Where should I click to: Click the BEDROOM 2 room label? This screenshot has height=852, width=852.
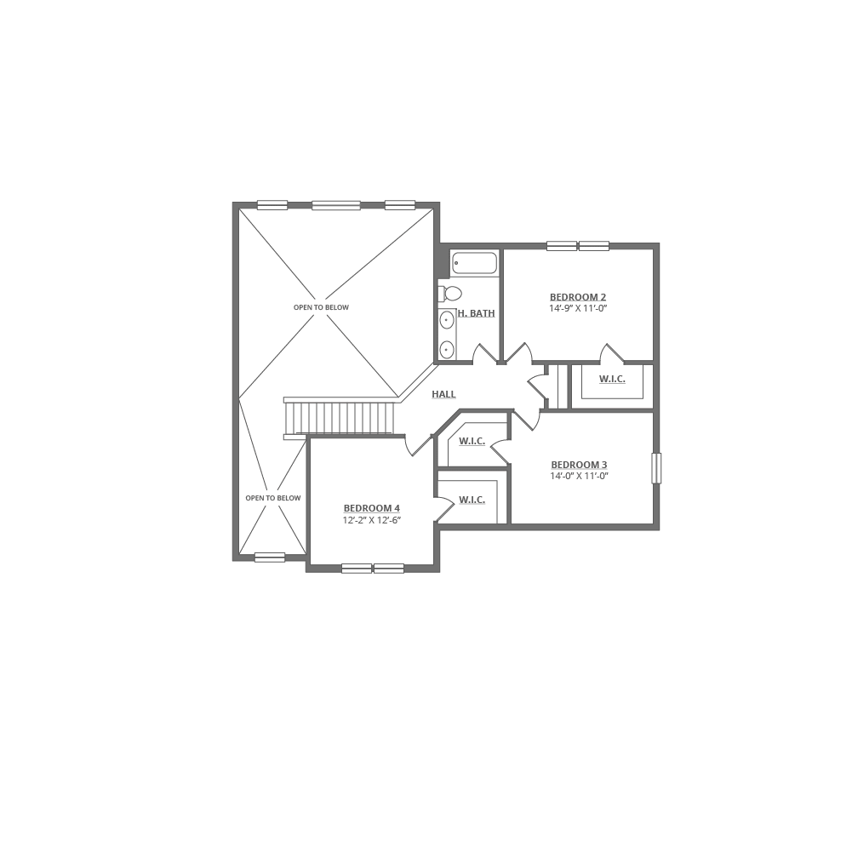coord(578,297)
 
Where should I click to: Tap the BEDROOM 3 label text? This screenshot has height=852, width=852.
coord(580,465)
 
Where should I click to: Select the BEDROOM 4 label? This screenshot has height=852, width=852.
coord(372,509)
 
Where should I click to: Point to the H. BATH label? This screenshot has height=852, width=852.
coord(477,314)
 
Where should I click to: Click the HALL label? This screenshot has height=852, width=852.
coord(443,395)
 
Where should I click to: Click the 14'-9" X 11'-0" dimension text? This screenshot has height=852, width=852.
coord(578,309)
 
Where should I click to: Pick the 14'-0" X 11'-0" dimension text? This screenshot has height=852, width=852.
coord(580,477)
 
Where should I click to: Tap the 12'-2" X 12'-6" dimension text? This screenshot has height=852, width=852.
coord(372,520)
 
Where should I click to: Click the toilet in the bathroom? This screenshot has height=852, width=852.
coord(449,294)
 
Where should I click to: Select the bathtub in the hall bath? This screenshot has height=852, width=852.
coord(474,264)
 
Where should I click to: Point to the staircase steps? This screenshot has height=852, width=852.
coord(340,418)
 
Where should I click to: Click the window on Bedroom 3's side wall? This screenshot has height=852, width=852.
coord(656,468)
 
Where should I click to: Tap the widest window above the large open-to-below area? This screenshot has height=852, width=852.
coord(336,205)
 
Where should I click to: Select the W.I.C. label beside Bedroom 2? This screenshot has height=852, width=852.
coord(612,380)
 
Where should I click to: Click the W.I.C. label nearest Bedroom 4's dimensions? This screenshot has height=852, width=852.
coord(472,500)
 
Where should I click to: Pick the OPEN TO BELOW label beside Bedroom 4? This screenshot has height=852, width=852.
coord(273,498)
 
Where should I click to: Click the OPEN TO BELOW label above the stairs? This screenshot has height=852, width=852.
coord(321,307)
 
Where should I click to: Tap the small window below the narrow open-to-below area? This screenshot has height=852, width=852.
coord(270,558)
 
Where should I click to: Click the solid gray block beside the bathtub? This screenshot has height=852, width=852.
coord(442,262)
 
